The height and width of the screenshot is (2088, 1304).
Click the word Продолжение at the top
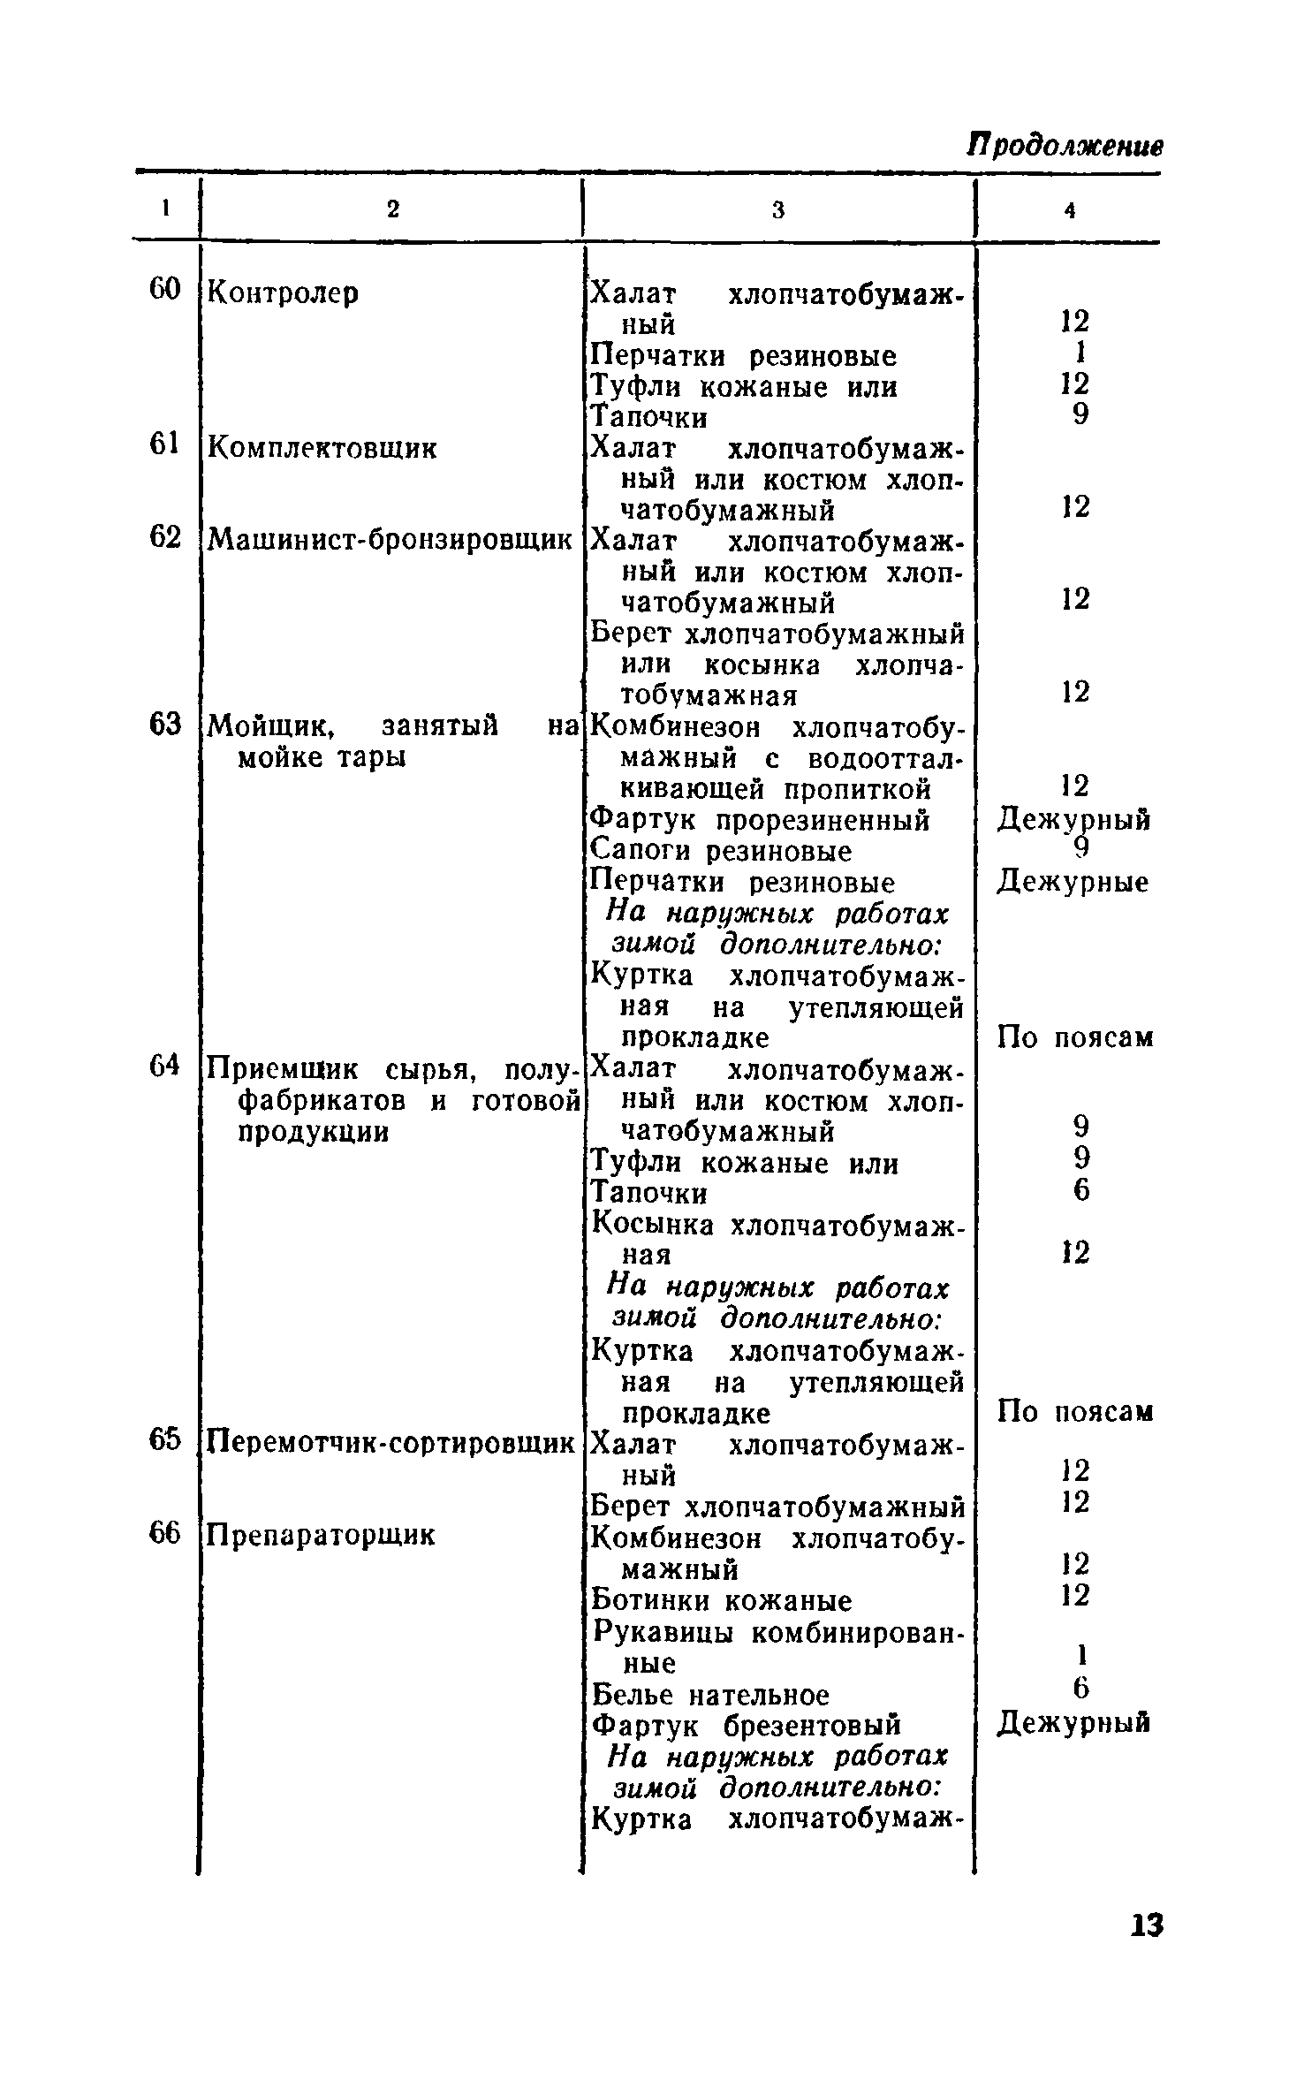click(1065, 145)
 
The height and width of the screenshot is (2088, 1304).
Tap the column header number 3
click(777, 210)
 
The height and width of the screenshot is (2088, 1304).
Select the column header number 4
click(1069, 210)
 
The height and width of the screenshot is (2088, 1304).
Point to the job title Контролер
click(283, 292)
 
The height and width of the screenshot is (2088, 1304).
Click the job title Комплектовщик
click(322, 448)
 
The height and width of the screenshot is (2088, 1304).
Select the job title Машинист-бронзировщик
click(390, 540)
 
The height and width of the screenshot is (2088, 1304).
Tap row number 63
click(164, 725)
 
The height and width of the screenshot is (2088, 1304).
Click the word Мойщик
click(274, 727)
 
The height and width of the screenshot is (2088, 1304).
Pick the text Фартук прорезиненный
click(760, 821)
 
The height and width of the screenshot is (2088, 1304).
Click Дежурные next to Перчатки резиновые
click(1073, 882)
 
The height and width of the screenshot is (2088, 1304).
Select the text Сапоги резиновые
click(721, 852)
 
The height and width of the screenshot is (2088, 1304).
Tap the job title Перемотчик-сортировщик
click(390, 1444)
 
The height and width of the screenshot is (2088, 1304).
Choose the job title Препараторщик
click(321, 1536)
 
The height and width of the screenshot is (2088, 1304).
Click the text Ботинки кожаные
click(721, 1601)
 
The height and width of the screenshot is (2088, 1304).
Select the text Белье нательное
click(710, 1695)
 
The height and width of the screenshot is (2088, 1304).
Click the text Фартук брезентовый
click(746, 1725)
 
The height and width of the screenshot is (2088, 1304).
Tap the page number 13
click(1147, 1925)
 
